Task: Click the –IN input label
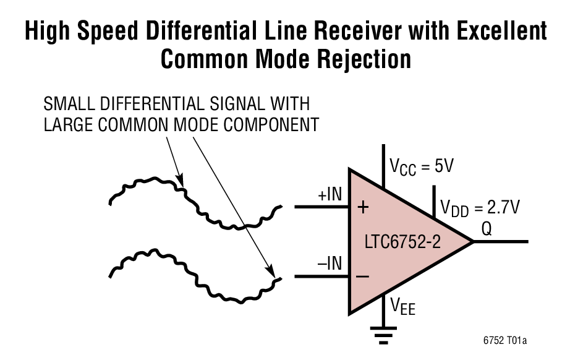pyautogui.click(x=330, y=264)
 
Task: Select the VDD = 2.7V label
pyautogui.click(x=479, y=207)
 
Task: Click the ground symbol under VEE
pyautogui.click(x=384, y=336)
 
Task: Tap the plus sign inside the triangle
pyautogui.click(x=363, y=208)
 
